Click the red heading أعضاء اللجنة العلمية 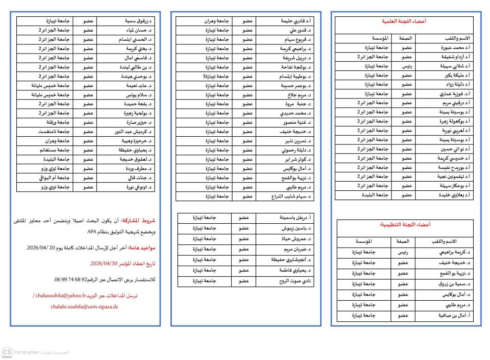point(404,22)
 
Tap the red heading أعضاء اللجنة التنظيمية point(404,224)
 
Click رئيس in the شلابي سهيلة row point(407,66)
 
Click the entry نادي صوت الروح point(296,281)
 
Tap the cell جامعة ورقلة point(54,122)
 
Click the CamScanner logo point(7,352)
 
